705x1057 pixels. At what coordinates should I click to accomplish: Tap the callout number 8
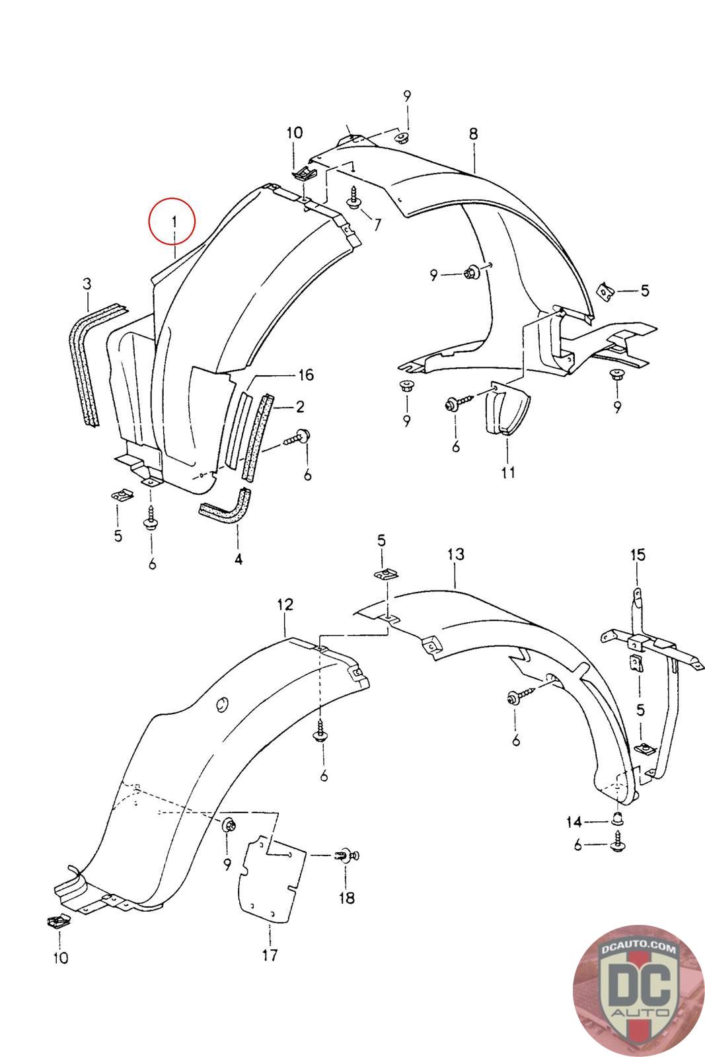tap(473, 133)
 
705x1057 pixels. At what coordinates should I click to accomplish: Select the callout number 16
tap(305, 375)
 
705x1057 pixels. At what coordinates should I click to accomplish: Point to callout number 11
tap(507, 472)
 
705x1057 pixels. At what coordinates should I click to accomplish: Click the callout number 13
tap(455, 554)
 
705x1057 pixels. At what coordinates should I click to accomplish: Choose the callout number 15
tap(637, 555)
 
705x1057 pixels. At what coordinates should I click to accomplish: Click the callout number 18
tap(346, 898)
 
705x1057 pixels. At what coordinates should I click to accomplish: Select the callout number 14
tap(574, 822)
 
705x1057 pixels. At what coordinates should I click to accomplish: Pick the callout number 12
tap(285, 604)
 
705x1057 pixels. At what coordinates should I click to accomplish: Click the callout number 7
tap(377, 225)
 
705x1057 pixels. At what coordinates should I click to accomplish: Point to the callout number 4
tap(238, 559)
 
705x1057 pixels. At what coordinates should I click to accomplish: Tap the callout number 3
tap(87, 284)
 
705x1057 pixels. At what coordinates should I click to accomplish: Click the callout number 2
tap(300, 406)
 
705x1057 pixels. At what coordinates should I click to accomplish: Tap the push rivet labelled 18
tap(346, 857)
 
